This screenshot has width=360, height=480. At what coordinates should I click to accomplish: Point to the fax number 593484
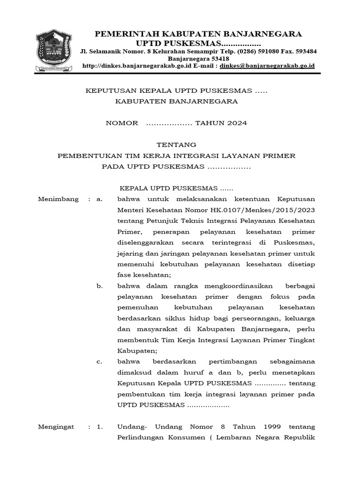(305, 51)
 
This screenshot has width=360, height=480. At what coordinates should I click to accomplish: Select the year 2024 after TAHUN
(233, 123)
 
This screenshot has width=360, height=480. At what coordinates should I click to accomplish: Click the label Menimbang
(58, 199)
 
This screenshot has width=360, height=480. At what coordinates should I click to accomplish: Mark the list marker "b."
(99, 286)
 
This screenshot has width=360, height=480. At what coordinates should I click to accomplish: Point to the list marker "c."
(99, 361)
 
